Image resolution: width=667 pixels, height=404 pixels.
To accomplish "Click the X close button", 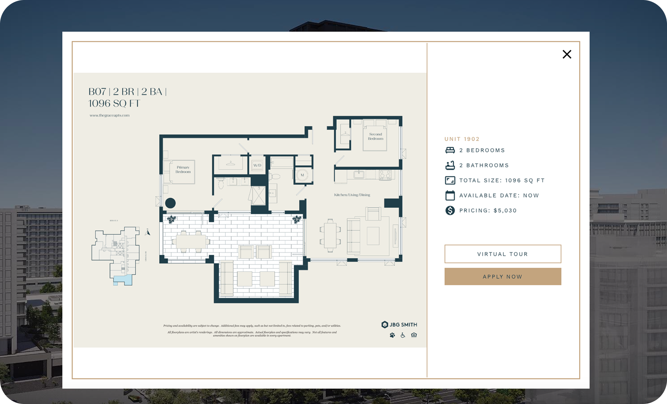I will (x=567, y=54).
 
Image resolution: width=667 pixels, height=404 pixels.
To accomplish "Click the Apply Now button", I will (x=503, y=276).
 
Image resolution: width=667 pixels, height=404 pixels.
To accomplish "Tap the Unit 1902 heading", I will (x=462, y=139).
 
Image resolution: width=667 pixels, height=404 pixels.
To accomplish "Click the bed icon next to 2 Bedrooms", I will (x=450, y=150).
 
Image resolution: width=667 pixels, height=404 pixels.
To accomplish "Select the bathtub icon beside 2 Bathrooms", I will (x=450, y=165).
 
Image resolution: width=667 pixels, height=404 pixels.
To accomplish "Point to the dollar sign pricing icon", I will (x=450, y=210).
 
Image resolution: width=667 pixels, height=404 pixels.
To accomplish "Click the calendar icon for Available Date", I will (x=450, y=195).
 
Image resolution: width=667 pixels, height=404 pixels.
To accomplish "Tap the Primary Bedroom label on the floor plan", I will (x=183, y=169).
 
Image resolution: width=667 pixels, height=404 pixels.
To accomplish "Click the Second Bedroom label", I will (x=375, y=136).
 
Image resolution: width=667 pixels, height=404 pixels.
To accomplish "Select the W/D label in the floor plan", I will (x=257, y=165).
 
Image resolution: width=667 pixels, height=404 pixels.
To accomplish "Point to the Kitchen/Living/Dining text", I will (x=352, y=195).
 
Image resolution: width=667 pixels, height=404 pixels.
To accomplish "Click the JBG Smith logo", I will (x=399, y=325).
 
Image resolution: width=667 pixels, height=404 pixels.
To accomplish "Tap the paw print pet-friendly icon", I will (x=392, y=335).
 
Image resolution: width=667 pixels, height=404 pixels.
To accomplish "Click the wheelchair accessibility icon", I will (x=403, y=335).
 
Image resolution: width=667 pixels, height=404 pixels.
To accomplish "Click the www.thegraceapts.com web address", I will (x=109, y=115).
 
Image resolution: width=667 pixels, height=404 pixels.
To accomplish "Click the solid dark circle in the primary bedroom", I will (x=170, y=203).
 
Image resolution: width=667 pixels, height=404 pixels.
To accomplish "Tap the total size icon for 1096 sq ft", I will (x=450, y=180).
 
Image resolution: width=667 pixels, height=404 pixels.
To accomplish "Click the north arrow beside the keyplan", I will (x=147, y=232).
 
